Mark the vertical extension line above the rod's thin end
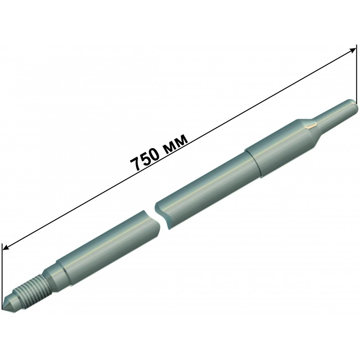click(356, 74)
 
